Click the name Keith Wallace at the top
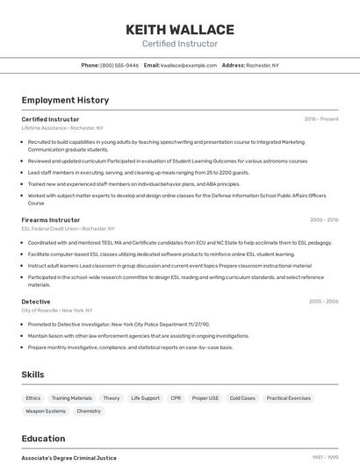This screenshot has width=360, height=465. [x=180, y=29]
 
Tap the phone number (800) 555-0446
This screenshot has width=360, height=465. [x=119, y=66]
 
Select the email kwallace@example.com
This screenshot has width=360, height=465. [x=188, y=66]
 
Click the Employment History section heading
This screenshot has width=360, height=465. [x=65, y=100]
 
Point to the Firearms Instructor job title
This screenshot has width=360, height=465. [x=51, y=220]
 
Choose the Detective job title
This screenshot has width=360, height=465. [x=36, y=301]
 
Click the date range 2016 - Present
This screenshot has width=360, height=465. [x=321, y=118]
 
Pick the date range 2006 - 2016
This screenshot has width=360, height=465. [x=324, y=220]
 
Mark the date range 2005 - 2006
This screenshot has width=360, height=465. [x=323, y=301]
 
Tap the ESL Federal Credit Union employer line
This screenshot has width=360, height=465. [x=68, y=229]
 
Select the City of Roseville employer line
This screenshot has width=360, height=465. [x=57, y=311]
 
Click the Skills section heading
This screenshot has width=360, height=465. [x=33, y=375]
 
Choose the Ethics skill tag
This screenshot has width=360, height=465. [x=33, y=398]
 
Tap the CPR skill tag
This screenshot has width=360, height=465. [x=176, y=398]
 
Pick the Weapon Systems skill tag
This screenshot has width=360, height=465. [x=46, y=411]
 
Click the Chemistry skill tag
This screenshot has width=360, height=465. [x=89, y=411]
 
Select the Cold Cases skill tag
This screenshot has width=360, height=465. [x=242, y=398]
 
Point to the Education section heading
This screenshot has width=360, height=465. [x=44, y=439]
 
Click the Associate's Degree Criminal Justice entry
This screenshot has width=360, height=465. [x=68, y=458]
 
